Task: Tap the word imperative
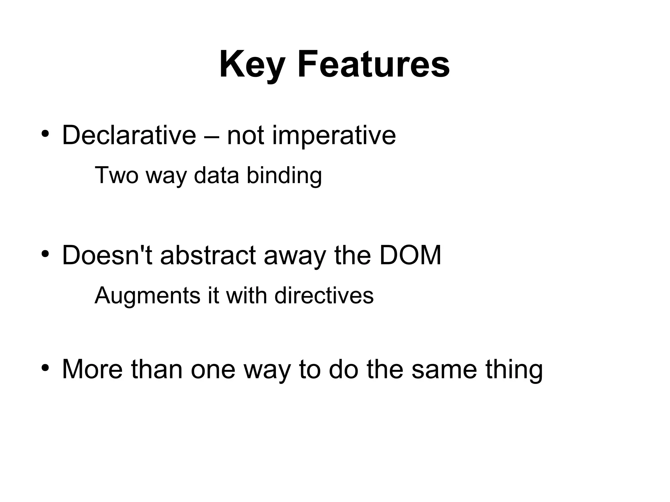334,136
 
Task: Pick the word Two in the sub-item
116,175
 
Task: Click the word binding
284,176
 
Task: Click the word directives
324,295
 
